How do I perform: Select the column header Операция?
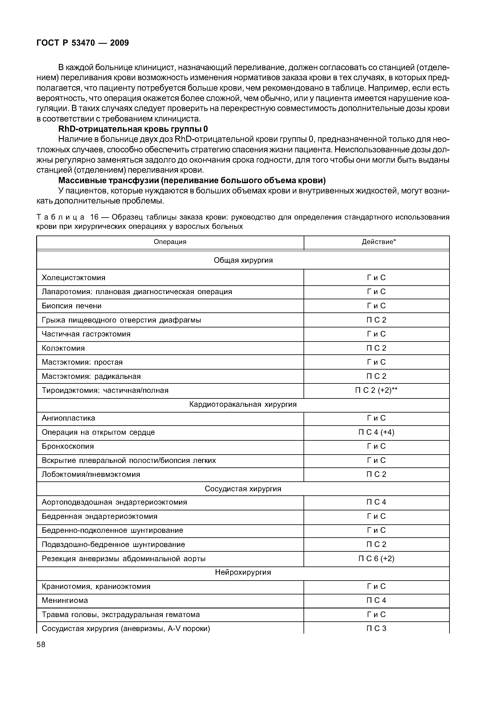(170, 242)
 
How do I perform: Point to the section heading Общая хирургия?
(243, 260)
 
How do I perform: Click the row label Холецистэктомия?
(73, 278)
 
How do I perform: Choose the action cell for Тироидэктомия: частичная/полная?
(376, 390)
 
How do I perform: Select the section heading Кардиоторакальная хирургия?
(243, 404)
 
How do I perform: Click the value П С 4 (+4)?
(376, 432)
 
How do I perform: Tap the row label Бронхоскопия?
(68, 446)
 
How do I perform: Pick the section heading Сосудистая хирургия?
(243, 489)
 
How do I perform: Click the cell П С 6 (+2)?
(376, 559)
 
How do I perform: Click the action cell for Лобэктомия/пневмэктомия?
(376, 474)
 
